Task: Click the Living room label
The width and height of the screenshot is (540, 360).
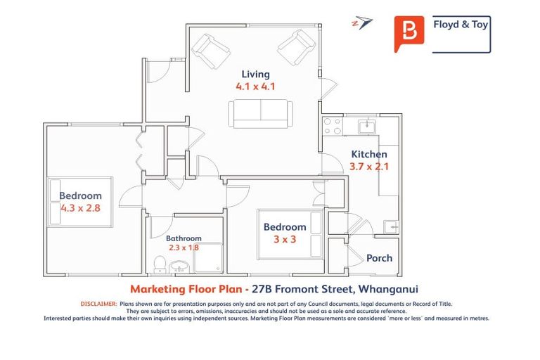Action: pos(255,74)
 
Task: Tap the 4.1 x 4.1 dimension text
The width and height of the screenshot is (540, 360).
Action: pos(255,87)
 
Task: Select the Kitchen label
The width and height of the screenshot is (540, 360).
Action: pos(369,154)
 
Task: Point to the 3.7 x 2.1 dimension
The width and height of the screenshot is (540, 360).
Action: pos(369,167)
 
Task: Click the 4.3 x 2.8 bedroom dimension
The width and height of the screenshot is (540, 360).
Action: pos(80,209)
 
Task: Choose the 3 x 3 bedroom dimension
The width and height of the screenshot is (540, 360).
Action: pos(285,240)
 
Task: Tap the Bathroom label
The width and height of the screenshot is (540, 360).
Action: pos(184,238)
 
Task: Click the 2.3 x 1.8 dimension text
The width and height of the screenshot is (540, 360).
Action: pos(184,247)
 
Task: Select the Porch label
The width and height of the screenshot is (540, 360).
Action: pos(379,258)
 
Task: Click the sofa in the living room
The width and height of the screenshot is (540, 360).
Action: pos(261,113)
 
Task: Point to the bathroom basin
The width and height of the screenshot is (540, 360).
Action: pos(179,266)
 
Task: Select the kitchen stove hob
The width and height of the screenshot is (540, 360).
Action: pos(332,127)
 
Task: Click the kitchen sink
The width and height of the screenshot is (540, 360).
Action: pos(366,127)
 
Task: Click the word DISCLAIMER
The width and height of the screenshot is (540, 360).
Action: pos(98,304)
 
